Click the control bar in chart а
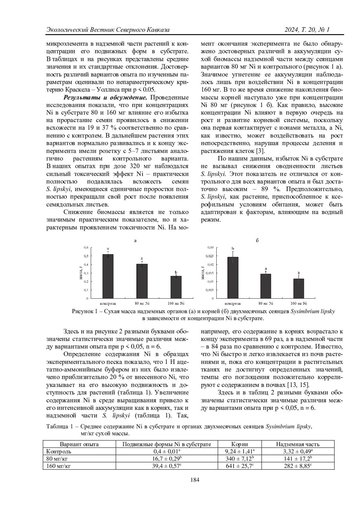coord(108,276)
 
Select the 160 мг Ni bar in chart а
coord(176,287)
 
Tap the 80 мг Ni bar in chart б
coord(265,286)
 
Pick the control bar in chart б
coord(233,278)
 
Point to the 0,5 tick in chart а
coord(86,256)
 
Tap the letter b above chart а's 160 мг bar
coord(176,272)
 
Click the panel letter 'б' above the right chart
coord(257,240)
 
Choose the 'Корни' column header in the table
coord(240,444)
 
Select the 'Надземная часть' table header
coord(298,444)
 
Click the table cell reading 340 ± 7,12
coord(240,458)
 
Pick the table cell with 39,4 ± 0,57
coord(166,466)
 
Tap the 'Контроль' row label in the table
coord(59,451)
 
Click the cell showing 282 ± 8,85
coord(298,466)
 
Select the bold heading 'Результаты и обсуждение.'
coord(105,98)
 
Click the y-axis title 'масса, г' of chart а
coord(81,273)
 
